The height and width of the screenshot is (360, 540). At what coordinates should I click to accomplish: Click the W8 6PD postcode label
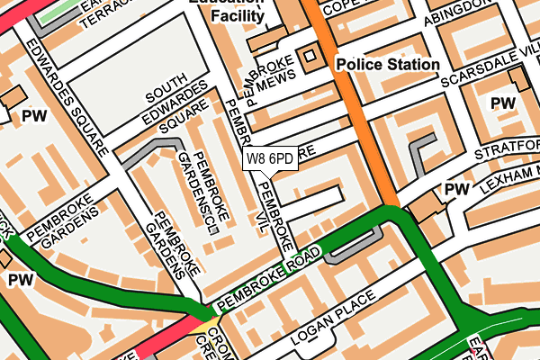click(269, 159)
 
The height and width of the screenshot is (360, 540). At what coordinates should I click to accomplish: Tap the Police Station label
click(387, 65)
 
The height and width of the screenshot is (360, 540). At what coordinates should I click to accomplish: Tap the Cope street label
click(344, 7)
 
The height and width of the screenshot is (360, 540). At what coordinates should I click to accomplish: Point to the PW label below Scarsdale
click(503, 103)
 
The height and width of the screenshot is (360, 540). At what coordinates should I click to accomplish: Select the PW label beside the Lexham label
click(457, 189)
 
